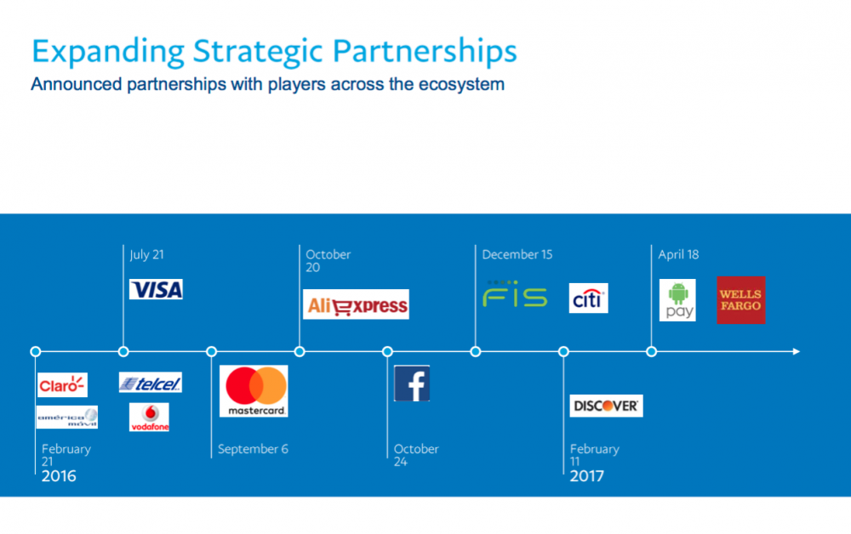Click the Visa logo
(156, 289)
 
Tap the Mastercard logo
(254, 391)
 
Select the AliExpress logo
(356, 304)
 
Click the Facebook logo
(412, 383)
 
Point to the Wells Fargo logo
(741, 300)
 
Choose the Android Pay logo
(677, 300)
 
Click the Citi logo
(588, 298)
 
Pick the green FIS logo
(515, 294)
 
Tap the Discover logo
(606, 406)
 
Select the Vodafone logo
(149, 417)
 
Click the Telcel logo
(151, 383)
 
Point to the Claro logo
(62, 385)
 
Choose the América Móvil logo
(67, 417)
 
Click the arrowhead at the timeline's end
(797, 351)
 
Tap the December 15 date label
(517, 254)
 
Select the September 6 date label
(253, 449)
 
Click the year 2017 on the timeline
(586, 476)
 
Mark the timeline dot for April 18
(651, 351)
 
